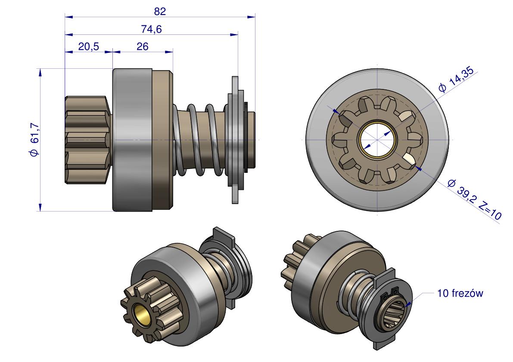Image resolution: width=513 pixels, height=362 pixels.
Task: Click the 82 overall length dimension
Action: coord(160,12)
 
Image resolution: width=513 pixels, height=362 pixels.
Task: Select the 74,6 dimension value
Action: coord(152,29)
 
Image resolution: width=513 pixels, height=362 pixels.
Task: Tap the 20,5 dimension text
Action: coord(88,47)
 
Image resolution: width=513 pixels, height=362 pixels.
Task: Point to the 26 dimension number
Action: coord(142,47)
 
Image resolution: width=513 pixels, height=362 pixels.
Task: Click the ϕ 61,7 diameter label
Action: coord(35,140)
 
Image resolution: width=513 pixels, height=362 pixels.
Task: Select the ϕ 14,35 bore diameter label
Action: coord(456,80)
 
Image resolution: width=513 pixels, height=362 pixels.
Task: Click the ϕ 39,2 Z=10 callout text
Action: coord(474,199)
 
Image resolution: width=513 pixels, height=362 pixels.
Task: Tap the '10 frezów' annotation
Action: coord(460,293)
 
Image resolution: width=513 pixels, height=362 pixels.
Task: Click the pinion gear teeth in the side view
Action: coord(87,140)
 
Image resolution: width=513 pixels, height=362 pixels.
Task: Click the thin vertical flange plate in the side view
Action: coord(235,140)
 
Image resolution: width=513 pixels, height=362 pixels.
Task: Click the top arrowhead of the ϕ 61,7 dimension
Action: coord(40,72)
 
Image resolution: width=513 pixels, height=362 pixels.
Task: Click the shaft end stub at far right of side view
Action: coord(252,140)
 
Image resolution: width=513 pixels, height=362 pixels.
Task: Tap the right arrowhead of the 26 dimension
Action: coord(169,52)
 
